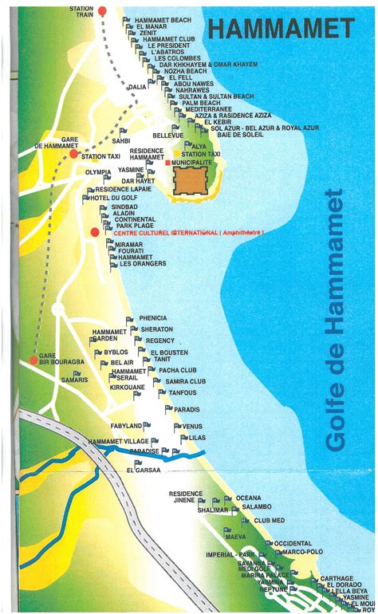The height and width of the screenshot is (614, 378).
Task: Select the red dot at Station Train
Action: [x=101, y=11]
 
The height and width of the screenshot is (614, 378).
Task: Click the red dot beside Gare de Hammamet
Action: [x=37, y=146]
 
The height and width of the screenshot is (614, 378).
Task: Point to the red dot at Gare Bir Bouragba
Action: [x=33, y=360]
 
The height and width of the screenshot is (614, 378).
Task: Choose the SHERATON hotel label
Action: [x=156, y=329]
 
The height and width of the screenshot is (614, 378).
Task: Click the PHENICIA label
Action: [x=153, y=318]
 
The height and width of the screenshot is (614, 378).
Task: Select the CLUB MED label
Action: [x=269, y=520]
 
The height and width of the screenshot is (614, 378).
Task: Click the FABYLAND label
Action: [x=126, y=426]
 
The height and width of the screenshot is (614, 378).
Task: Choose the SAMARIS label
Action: [x=74, y=380]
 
